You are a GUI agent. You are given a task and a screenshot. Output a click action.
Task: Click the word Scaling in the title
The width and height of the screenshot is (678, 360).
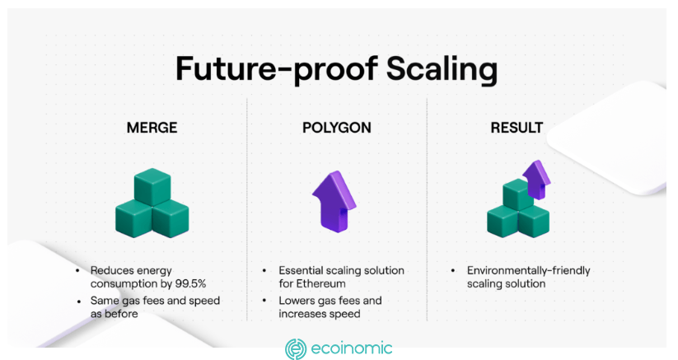coord(442,69)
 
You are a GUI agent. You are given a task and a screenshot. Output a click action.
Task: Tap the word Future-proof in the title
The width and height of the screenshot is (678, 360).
coord(277,69)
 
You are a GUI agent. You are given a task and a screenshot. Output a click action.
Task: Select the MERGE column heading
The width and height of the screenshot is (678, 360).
coord(152,128)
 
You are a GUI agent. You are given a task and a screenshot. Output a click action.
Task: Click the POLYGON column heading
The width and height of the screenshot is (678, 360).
coord(336,128)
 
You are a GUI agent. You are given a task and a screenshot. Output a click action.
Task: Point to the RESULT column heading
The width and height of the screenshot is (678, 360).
coord(517,128)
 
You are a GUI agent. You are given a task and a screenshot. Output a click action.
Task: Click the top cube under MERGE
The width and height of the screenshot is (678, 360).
coord(152,187)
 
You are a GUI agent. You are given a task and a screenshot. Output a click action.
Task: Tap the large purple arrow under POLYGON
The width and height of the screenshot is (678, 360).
coord(334,201)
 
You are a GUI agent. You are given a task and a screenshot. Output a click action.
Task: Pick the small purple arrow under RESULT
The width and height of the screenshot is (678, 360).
coord(536,180)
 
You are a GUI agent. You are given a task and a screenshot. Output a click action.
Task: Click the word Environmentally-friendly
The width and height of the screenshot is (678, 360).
coord(528,270)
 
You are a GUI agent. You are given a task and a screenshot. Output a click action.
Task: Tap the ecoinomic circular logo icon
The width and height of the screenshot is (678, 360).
coord(296,349)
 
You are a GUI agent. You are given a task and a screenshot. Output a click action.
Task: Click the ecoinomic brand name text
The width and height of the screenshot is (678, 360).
coord(352,348)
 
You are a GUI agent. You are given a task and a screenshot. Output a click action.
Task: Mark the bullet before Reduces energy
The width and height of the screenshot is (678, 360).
coord(77,270)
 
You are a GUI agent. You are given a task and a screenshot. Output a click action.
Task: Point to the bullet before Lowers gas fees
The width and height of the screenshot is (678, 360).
coord(264,301)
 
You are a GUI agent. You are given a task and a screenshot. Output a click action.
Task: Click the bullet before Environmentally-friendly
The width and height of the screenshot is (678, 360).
coord(453,270)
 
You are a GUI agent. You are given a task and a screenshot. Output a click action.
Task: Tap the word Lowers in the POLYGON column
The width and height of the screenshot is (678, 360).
coord(293,301)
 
